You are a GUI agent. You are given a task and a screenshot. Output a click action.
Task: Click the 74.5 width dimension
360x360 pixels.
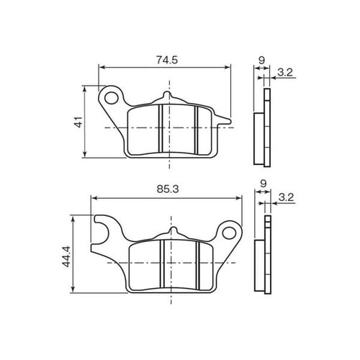tap(167, 60)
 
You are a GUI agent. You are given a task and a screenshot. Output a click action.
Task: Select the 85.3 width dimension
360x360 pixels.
tap(168, 189)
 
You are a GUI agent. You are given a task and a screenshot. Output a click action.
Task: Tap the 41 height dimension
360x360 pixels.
tap(79, 122)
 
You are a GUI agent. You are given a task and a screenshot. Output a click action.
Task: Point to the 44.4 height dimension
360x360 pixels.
tap(66, 256)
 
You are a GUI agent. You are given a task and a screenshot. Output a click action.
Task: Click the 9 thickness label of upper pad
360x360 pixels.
tap(261, 60)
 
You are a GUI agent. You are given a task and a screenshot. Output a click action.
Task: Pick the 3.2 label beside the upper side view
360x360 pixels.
tap(285, 72)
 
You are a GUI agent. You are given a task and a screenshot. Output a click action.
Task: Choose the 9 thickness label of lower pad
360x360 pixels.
tap(264, 184)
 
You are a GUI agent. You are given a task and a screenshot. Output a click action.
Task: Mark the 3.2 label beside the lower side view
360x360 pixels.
tap(287, 198)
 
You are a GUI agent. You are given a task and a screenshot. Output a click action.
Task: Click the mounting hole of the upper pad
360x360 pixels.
tap(112, 98)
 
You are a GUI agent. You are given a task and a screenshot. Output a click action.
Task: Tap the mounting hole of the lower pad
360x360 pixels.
tap(229, 233)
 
